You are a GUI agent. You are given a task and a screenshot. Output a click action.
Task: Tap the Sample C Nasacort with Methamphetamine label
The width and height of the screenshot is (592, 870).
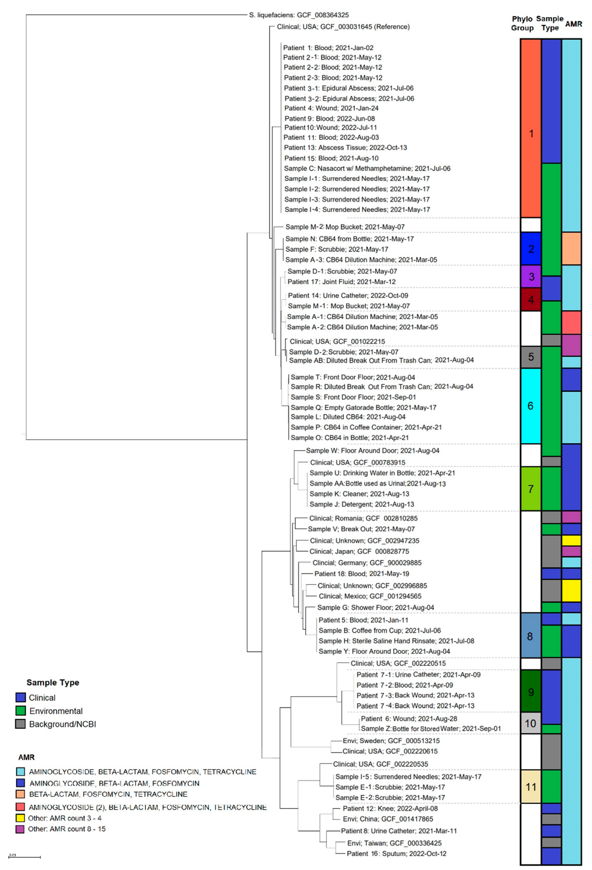point(367,168)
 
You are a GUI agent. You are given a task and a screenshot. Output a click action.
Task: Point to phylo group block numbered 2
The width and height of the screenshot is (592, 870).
point(531,249)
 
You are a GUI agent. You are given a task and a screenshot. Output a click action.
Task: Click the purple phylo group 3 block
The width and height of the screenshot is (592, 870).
point(531,277)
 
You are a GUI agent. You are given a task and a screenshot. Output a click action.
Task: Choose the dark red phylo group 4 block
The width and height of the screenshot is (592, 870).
point(531,299)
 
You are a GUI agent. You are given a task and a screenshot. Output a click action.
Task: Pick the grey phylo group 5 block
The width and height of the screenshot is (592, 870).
point(531,357)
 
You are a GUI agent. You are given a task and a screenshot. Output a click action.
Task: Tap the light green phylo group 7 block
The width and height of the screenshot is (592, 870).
point(531,489)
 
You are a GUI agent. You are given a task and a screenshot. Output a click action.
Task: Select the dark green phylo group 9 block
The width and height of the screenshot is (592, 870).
point(531,692)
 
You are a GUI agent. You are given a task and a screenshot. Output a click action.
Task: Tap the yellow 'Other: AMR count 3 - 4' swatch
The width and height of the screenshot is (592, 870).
point(20,818)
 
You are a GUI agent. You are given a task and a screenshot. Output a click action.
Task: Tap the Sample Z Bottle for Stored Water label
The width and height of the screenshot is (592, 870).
point(431,729)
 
